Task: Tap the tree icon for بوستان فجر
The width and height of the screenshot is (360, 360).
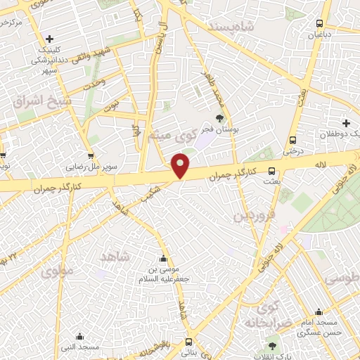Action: point(219,118)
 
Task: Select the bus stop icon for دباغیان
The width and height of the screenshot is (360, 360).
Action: point(320,22)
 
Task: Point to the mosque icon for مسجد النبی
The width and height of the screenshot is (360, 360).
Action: point(79,336)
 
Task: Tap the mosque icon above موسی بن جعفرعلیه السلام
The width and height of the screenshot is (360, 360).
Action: point(164,257)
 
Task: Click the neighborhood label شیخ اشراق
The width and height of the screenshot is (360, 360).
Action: point(42,101)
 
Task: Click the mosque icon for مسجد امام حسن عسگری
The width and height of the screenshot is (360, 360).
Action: point(319,312)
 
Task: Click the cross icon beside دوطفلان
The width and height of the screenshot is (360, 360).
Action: point(345,122)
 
